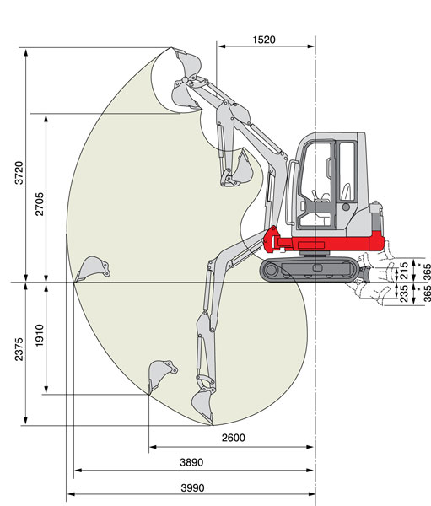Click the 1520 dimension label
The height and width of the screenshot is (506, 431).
[x=264, y=40]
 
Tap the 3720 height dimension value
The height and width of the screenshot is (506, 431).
[x=19, y=173]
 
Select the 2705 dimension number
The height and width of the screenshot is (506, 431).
[x=39, y=204]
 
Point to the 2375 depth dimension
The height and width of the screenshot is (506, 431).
[x=19, y=349]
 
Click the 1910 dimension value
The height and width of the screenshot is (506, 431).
[x=39, y=336]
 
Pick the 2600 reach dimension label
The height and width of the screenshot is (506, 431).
[x=233, y=438]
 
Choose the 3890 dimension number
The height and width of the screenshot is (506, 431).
[x=191, y=462]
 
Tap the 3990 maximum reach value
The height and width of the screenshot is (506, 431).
[x=192, y=487]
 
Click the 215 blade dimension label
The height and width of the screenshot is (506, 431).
[x=404, y=271]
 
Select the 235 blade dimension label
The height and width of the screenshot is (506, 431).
[x=404, y=293]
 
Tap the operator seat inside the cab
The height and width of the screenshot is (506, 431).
[x=347, y=191]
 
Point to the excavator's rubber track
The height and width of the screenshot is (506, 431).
[x=310, y=270]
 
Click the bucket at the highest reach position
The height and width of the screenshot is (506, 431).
[x=188, y=62]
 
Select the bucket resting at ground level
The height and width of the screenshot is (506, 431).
[x=92, y=269]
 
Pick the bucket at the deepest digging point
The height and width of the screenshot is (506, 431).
[x=202, y=406]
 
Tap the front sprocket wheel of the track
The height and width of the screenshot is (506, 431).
[x=271, y=270]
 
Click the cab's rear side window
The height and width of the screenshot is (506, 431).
[x=347, y=171]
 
